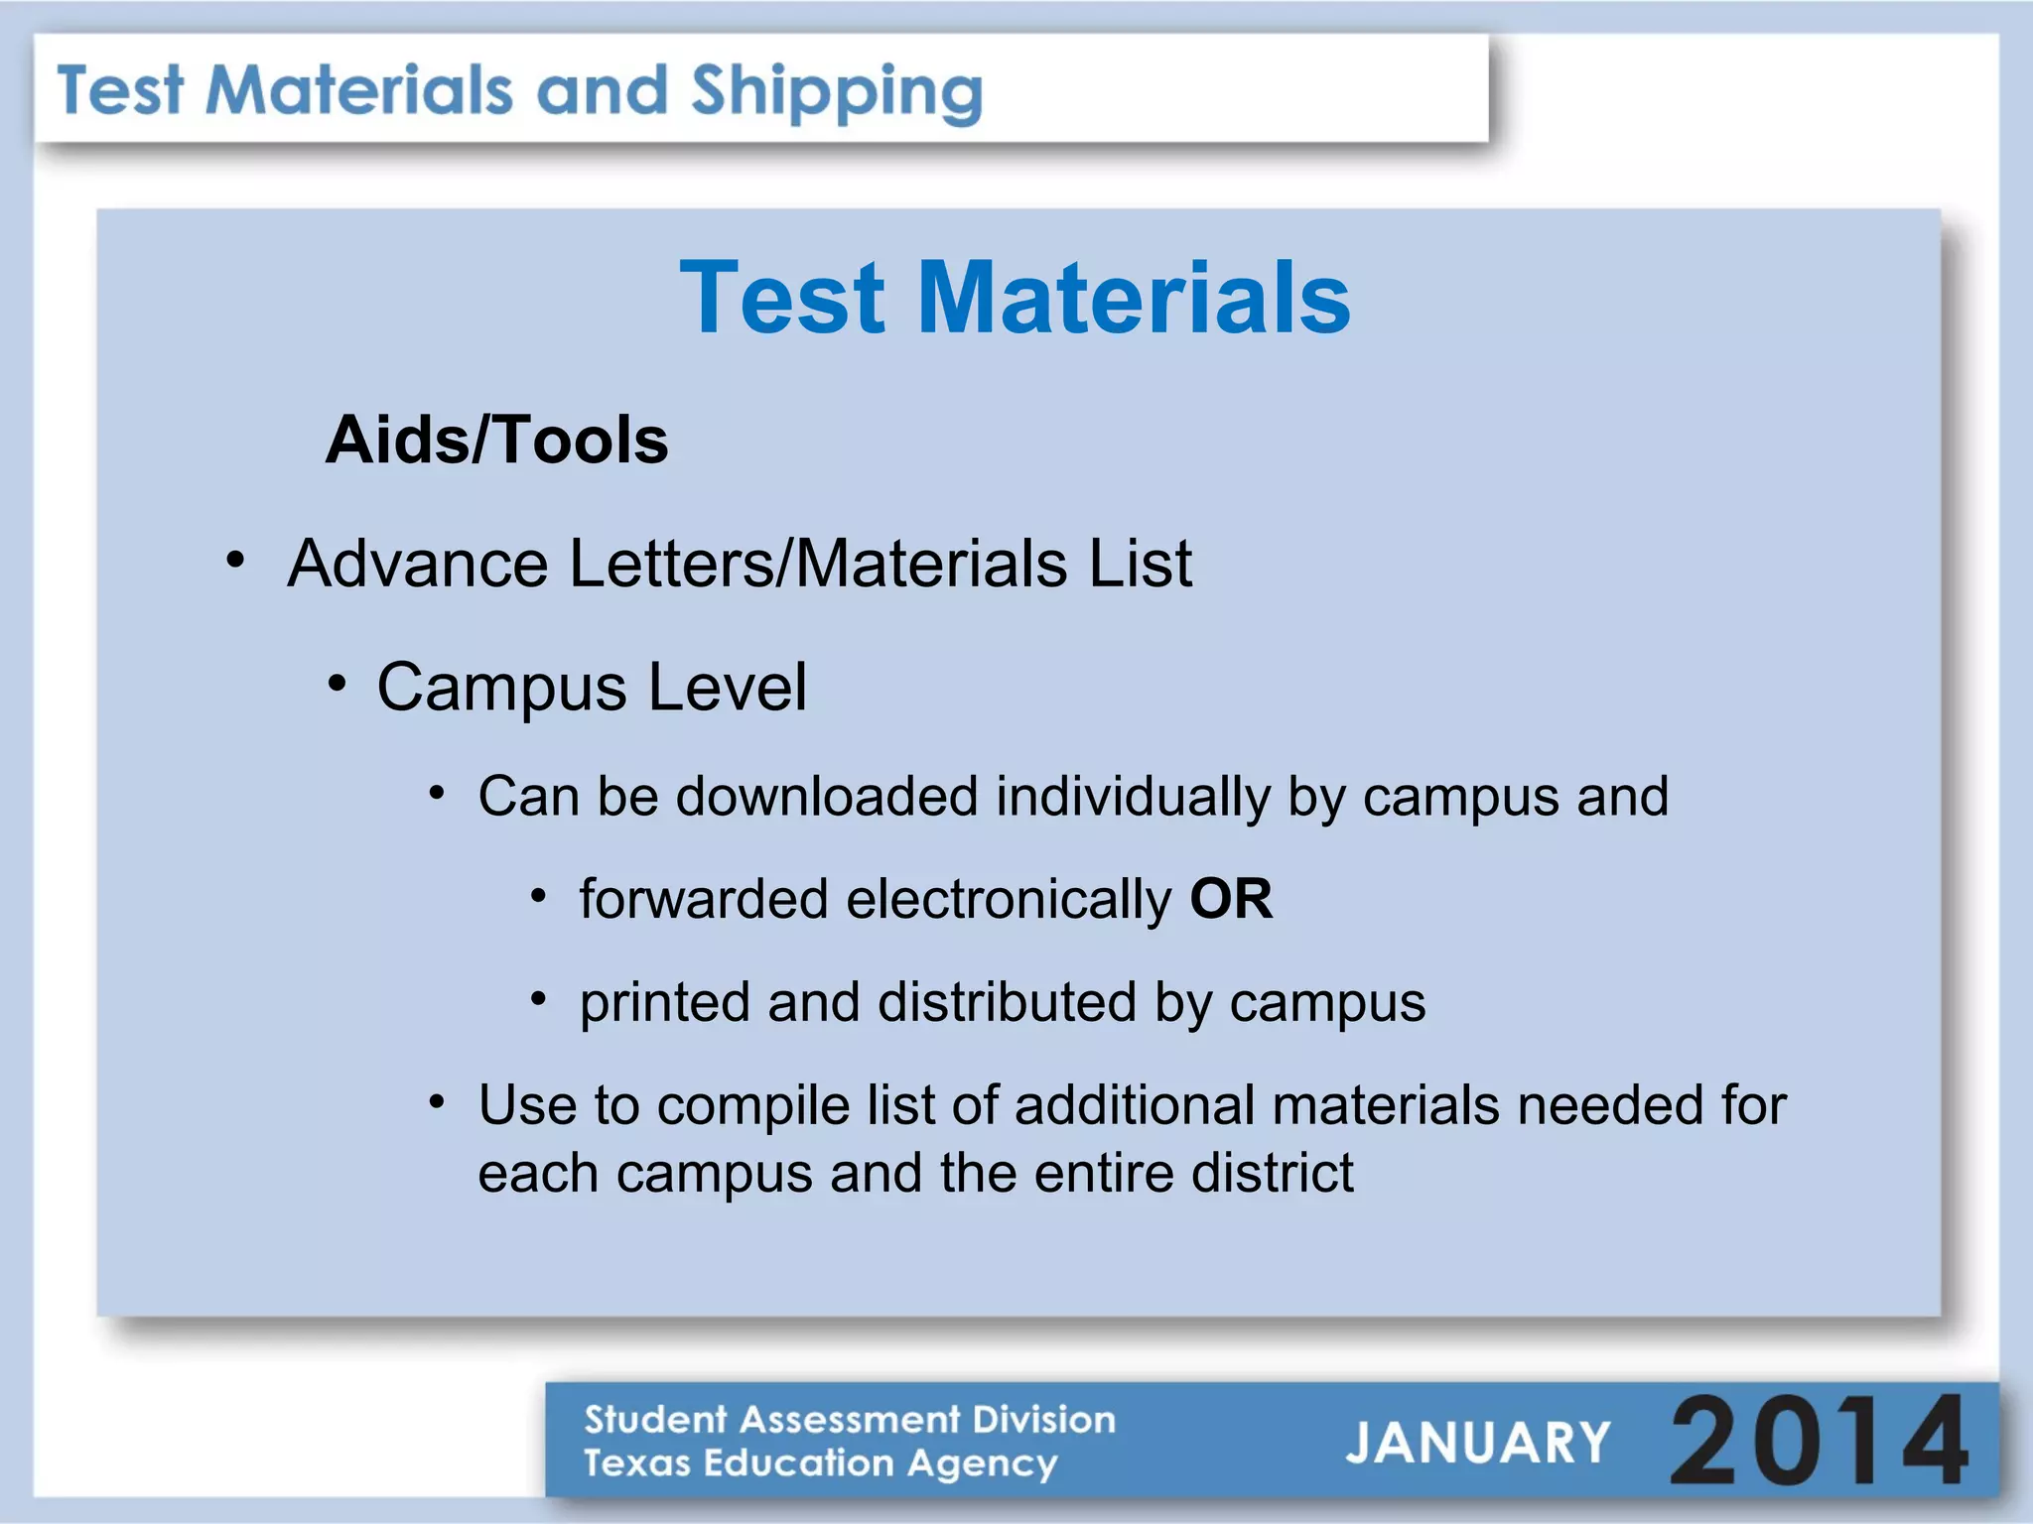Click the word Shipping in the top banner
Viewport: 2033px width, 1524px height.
click(x=836, y=93)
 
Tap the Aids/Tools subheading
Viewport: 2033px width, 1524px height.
click(x=496, y=440)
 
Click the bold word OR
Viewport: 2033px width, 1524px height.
click(x=1231, y=899)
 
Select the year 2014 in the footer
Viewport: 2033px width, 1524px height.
click(x=1819, y=1440)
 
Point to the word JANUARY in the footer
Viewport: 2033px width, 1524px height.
click(x=1477, y=1443)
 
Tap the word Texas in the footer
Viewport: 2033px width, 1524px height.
click(x=635, y=1462)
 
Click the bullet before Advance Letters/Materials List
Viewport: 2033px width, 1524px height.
click(x=235, y=561)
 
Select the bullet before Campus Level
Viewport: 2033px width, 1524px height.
click(x=338, y=683)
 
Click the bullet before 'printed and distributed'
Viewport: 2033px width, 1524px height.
click(x=538, y=997)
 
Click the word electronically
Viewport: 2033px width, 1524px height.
click(x=1009, y=899)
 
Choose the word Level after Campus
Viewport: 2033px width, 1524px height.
click(x=727, y=687)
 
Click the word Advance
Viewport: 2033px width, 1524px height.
click(x=418, y=564)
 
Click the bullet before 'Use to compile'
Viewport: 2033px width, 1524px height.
click(x=437, y=1101)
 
